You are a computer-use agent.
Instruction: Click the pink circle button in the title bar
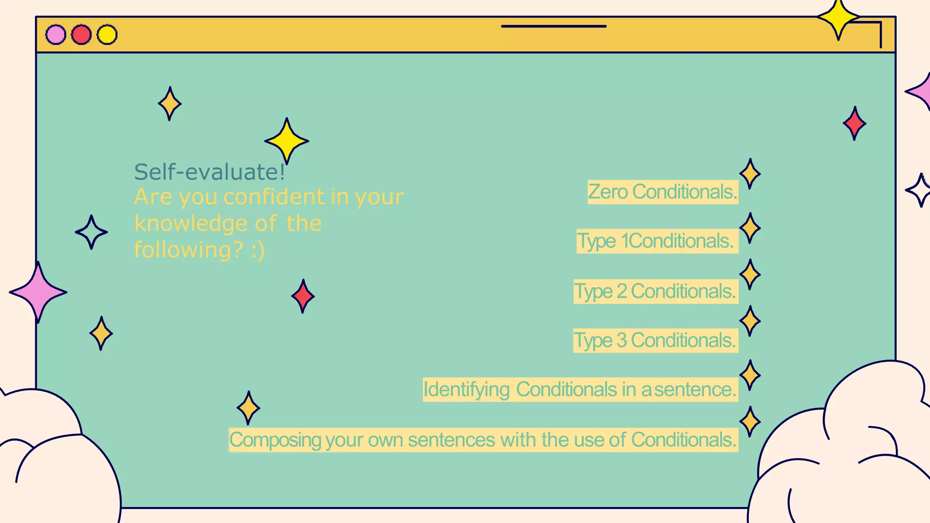pyautogui.click(x=56, y=35)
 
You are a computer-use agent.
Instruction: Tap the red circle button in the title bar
pyautogui.click(x=82, y=35)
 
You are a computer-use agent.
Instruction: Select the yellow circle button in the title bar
pyautogui.click(x=107, y=35)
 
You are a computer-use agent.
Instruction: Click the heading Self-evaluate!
pyautogui.click(x=209, y=172)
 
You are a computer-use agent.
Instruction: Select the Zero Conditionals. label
pyautogui.click(x=663, y=192)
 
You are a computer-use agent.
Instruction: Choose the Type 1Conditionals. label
pyautogui.click(x=657, y=241)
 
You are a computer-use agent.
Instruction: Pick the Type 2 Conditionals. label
pyautogui.click(x=655, y=291)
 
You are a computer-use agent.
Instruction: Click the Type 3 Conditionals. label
pyautogui.click(x=655, y=340)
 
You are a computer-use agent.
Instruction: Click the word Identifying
pyautogui.click(x=466, y=390)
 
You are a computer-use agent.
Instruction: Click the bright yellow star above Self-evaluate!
pyautogui.click(x=287, y=141)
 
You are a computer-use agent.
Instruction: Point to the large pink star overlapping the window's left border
pyautogui.click(x=38, y=292)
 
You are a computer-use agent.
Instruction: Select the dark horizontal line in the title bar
pyautogui.click(x=554, y=26)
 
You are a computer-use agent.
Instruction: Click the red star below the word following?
pyautogui.click(x=303, y=296)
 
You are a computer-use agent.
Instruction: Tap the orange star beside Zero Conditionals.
pyautogui.click(x=750, y=174)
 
